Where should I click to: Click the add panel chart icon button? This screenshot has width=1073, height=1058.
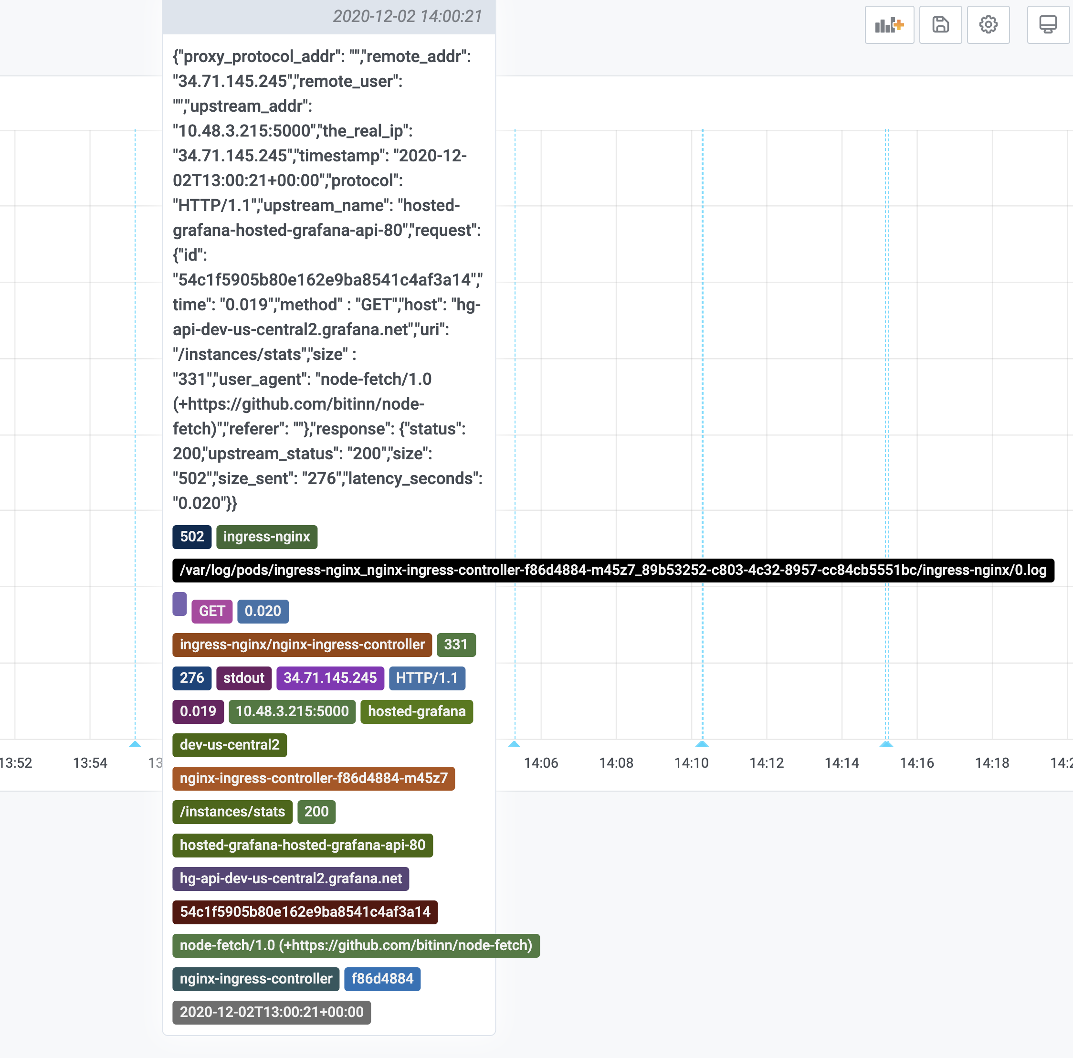coord(889,25)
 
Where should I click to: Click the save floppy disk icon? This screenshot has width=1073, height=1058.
coord(940,25)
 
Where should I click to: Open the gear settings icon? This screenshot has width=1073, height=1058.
coord(988,25)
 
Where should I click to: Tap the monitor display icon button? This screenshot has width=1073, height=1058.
coord(1047,25)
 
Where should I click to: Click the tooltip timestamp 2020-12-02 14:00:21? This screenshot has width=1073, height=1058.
coord(407,17)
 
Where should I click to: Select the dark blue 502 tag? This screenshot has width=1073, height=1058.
coord(191,537)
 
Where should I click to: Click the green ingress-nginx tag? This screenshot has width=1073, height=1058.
coord(267,537)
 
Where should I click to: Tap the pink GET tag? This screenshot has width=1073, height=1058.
coord(211,611)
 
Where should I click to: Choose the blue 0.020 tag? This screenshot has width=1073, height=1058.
coord(263,611)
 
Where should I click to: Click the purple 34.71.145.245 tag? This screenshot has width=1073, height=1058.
coord(330,678)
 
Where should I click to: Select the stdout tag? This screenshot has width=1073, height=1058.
coord(244,678)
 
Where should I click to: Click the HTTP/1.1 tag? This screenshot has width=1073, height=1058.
coord(427,678)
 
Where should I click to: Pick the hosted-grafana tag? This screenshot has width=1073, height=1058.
coord(417,711)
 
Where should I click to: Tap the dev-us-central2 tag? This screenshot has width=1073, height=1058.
coord(230,745)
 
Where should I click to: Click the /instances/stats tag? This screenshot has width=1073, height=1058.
coord(232,812)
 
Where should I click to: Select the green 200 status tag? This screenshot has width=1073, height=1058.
coord(316,812)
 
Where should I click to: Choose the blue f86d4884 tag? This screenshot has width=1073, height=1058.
coord(382,979)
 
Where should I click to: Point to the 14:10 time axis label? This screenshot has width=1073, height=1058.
coord(691,763)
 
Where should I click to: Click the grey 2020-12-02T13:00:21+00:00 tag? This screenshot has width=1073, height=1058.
coord(272,1012)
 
